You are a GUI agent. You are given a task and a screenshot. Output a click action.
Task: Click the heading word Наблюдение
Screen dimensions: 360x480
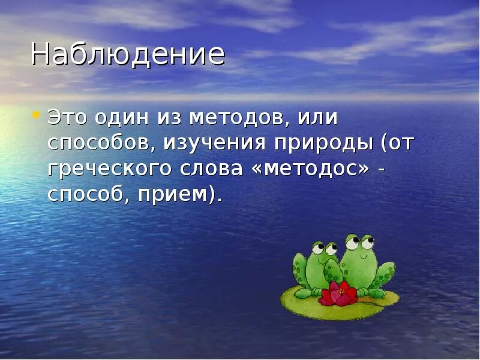[128, 55]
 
